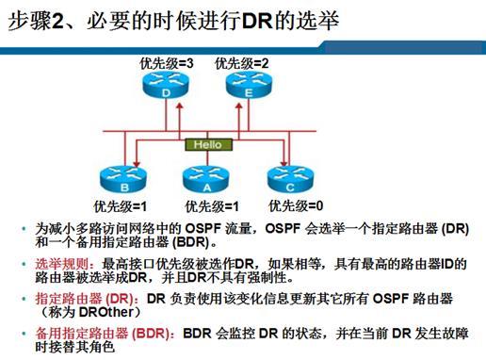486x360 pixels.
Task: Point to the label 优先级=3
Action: (168, 63)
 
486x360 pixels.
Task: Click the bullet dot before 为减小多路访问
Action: (24, 229)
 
